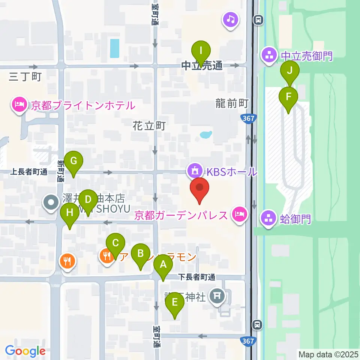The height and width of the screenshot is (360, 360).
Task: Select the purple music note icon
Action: tap(231, 19)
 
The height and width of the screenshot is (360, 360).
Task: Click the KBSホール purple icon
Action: tap(195, 172)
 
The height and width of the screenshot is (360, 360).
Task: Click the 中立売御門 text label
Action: tap(306, 56)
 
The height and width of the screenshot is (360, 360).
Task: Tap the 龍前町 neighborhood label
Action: tap(232, 103)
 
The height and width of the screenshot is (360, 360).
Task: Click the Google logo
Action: tap(25, 351)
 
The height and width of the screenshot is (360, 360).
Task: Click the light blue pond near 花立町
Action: tap(205, 134)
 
